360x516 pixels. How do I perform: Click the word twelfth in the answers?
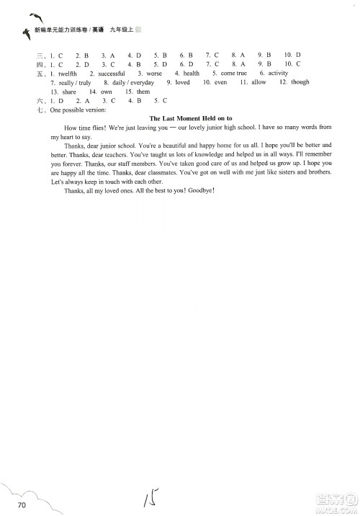(x=68, y=74)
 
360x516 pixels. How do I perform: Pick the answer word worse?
(x=153, y=74)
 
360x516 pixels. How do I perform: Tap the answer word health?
(x=192, y=74)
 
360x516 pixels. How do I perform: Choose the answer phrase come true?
(x=233, y=74)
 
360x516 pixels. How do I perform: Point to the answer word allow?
(x=258, y=83)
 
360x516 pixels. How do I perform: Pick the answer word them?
(x=143, y=92)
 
